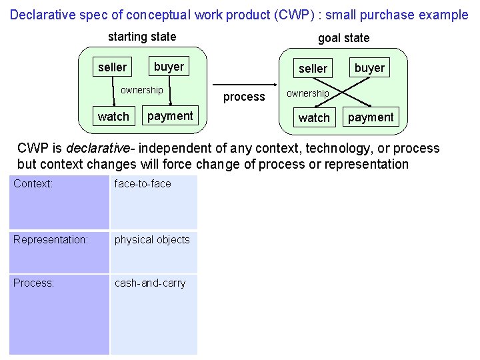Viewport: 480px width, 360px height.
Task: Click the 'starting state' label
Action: [142, 37]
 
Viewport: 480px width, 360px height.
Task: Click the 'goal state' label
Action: [343, 38]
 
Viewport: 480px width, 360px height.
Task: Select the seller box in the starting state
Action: [112, 67]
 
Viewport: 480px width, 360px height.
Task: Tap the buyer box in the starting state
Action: [169, 66]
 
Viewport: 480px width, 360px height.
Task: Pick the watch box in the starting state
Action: [113, 116]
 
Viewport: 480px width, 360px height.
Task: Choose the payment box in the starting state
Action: [169, 115]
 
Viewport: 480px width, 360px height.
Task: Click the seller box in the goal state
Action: [313, 68]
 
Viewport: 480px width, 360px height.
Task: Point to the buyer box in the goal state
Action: [369, 67]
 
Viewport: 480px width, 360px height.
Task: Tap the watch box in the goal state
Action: [314, 117]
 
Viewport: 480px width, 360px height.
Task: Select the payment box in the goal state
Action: [371, 117]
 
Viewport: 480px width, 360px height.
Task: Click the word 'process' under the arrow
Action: [244, 97]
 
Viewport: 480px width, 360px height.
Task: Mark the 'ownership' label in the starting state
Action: [141, 90]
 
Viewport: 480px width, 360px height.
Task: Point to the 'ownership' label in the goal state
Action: [307, 93]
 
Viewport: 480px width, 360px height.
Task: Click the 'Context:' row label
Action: [33, 183]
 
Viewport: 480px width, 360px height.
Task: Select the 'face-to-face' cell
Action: [143, 183]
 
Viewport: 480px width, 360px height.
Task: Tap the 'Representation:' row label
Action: [50, 239]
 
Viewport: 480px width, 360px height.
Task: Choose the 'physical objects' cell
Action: [152, 239]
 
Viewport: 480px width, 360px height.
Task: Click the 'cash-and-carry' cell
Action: [150, 283]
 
